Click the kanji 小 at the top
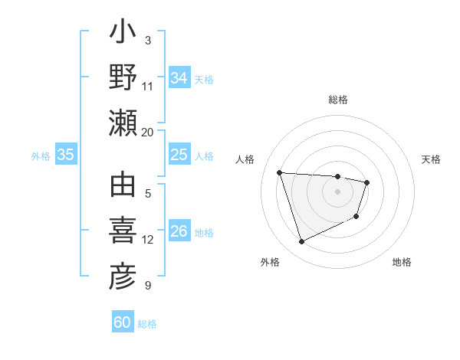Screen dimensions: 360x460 123,34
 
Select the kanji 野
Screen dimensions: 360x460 123,77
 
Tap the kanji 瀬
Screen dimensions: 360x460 123,123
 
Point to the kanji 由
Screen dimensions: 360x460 123,188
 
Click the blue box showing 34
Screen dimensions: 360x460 179,77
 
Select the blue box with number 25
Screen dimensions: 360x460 179,155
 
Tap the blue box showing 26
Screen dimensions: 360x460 179,231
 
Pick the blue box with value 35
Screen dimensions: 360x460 66,155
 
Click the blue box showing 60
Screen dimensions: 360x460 123,322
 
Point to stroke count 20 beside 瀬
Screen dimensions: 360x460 148,132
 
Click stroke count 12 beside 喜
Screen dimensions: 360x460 148,240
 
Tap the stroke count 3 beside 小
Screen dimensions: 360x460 148,41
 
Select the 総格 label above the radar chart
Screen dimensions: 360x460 338,100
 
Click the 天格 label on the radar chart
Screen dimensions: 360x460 432,159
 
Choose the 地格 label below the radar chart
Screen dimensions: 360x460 402,262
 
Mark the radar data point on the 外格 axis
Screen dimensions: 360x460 301,242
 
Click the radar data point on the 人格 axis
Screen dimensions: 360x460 280,172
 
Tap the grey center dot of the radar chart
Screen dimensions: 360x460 338,191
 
